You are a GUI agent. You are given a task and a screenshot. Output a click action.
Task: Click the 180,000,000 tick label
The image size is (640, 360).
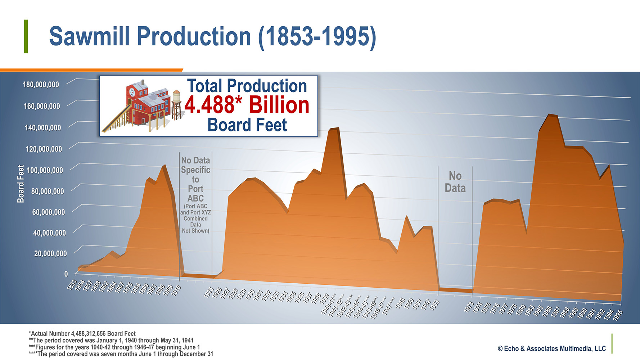click(41, 85)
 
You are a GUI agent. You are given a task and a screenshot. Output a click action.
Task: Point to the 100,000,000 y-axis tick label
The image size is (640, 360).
click(45, 170)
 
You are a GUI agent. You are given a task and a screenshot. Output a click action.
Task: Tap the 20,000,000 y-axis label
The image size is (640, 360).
click(50, 253)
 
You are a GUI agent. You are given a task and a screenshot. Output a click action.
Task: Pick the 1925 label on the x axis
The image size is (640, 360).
click(209, 293)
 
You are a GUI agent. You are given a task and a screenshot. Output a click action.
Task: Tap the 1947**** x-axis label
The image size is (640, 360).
click(388, 306)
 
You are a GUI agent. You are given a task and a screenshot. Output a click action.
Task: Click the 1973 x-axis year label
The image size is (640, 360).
click(469, 307)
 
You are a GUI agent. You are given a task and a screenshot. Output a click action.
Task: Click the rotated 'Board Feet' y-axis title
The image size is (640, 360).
click(21, 184)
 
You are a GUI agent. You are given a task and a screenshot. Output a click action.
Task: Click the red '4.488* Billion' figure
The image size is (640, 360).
click(247, 105)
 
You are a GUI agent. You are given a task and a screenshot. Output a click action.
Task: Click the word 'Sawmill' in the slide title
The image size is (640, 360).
click(89, 36)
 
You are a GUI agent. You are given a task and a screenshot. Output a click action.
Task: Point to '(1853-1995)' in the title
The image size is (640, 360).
click(317, 36)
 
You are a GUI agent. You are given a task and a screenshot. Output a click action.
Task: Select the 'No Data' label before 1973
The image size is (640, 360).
click(455, 182)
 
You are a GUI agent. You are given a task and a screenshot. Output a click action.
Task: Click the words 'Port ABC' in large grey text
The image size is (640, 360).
click(195, 194)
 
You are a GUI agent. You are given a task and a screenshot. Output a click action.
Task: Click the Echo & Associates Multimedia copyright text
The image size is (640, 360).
click(552, 348)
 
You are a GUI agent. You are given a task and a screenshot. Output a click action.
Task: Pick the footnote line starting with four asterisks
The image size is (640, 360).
click(121, 354)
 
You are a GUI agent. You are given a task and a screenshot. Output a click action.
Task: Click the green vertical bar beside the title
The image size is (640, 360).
click(26, 36)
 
